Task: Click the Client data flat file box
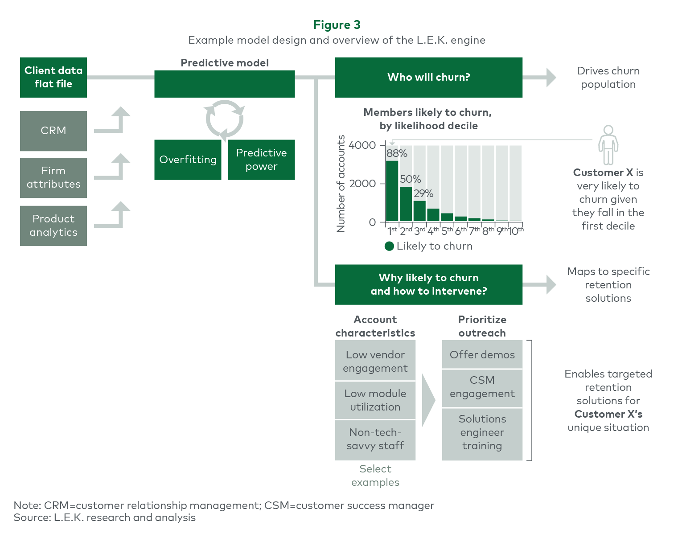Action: [53, 78]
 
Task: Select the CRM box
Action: [53, 131]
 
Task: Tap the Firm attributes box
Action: [53, 178]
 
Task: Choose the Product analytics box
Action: [53, 226]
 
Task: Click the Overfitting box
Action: [188, 160]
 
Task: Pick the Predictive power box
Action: [261, 160]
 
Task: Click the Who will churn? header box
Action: [429, 78]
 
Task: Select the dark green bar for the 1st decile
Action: [392, 191]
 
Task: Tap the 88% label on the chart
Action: [397, 153]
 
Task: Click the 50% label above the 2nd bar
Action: [411, 179]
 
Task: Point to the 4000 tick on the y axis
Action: [362, 145]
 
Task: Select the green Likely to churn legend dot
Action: [389, 246]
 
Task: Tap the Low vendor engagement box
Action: [375, 360]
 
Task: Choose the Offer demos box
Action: [482, 354]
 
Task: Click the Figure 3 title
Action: [337, 25]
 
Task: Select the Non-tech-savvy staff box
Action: [375, 440]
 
